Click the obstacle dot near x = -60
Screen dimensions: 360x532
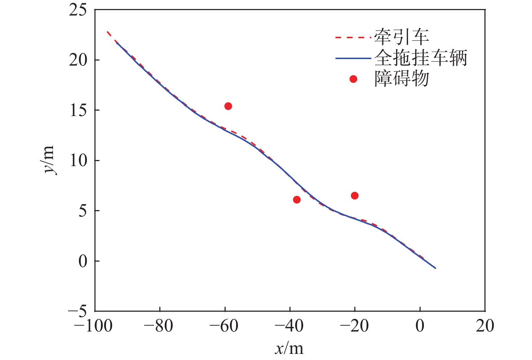click(x=228, y=106)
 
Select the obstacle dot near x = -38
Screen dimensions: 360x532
click(x=297, y=200)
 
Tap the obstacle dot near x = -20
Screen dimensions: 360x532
click(x=355, y=196)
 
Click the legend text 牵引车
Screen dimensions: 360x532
click(x=402, y=37)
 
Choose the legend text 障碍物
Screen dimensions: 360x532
click(x=402, y=79)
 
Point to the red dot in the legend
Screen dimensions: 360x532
click(x=353, y=79)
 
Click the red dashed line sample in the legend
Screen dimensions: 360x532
click(x=353, y=37)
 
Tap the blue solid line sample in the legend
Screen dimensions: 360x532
click(x=353, y=58)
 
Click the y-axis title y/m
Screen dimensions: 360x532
click(x=48, y=160)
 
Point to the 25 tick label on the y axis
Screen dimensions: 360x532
click(x=78, y=10)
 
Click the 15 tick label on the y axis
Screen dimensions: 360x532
click(x=78, y=110)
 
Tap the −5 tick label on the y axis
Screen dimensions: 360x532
click(x=77, y=311)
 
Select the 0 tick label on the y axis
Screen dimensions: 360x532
click(x=83, y=261)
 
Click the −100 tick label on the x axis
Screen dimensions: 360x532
click(x=93, y=326)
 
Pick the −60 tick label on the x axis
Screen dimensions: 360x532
click(x=224, y=326)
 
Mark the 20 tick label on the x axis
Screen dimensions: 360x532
click(x=485, y=326)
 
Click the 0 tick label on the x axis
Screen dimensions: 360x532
click(x=420, y=326)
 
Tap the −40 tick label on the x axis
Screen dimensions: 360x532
click(x=289, y=326)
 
